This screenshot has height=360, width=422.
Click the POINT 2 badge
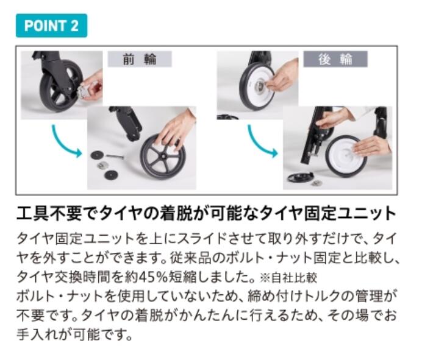(51, 26)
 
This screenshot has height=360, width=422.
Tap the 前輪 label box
(140, 59)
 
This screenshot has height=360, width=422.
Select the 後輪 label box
(335, 59)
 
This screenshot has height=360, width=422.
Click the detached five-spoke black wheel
(163, 157)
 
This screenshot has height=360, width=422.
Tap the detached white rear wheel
(346, 156)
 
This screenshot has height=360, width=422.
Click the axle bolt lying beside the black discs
(115, 156)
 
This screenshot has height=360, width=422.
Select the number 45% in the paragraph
(153, 277)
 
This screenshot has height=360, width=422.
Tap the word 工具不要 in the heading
(49, 213)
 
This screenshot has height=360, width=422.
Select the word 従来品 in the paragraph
(190, 258)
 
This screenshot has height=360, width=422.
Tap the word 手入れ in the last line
(37, 335)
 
